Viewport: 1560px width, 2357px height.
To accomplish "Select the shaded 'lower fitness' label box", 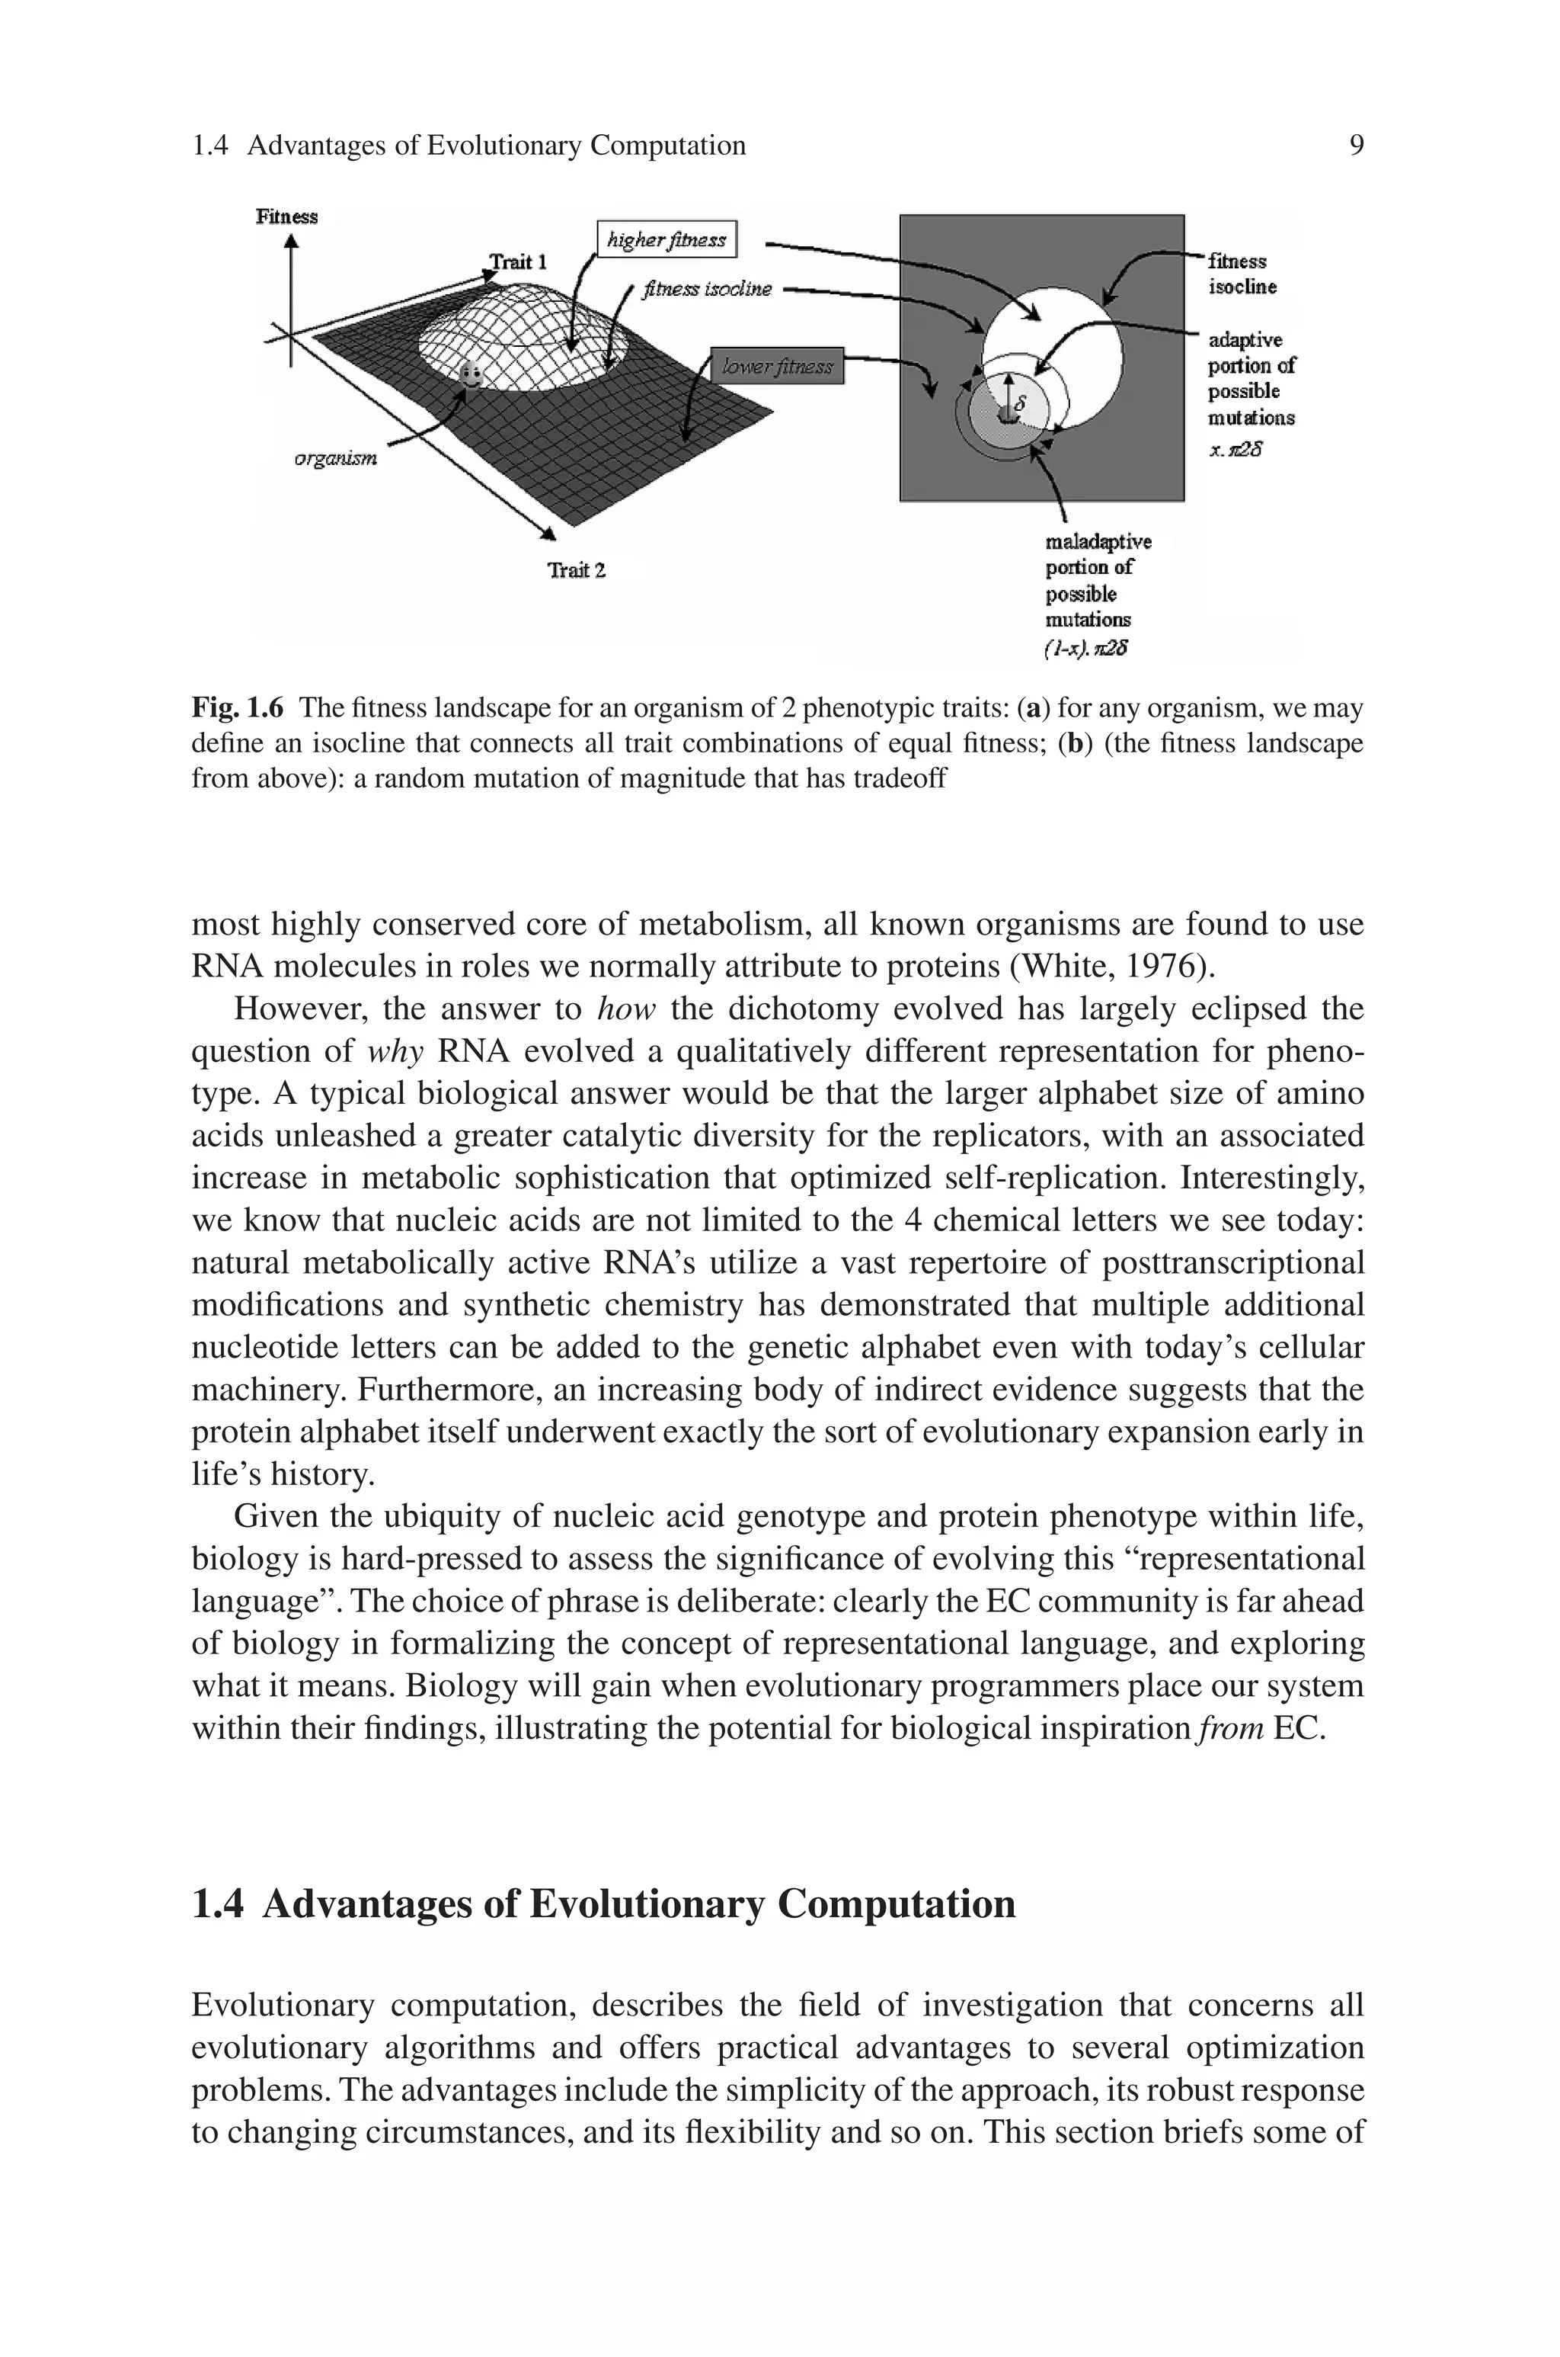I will pos(777,367).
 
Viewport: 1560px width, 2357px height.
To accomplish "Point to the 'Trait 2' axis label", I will pos(576,570).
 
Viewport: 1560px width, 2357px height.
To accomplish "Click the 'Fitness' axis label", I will pos(286,216).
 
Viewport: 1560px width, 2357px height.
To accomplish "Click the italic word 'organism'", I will pos(336,459).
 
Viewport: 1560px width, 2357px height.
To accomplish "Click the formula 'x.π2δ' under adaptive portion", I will pos(1236,450).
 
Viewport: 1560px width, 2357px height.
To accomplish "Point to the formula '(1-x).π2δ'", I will pos(1086,649).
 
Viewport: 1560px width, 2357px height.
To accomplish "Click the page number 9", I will pos(1356,146).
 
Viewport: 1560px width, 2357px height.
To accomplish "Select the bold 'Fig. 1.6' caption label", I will pos(237,709).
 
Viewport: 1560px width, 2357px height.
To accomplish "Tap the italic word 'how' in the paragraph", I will pos(626,1009).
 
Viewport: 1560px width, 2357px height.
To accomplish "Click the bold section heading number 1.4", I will pos(217,1904).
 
